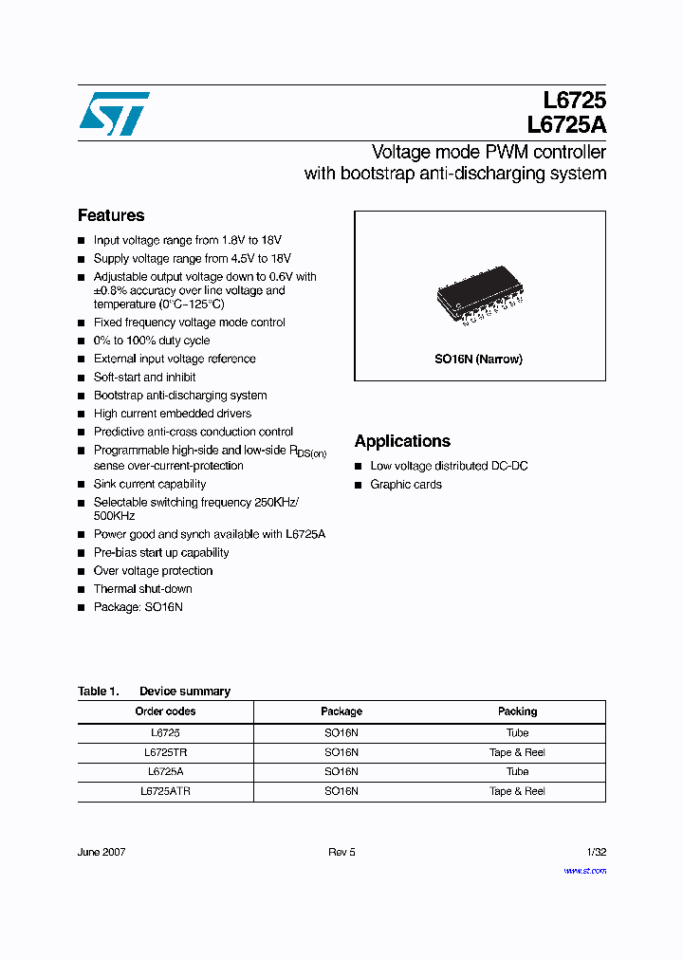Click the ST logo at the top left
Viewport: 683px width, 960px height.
114,114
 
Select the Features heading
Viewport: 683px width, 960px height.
111,215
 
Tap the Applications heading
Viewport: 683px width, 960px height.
402,441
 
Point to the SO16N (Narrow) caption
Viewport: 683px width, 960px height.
479,360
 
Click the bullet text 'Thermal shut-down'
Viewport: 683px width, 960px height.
142,589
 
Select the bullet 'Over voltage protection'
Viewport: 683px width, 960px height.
153,571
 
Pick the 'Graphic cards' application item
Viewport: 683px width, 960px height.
406,485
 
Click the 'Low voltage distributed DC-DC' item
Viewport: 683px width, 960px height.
449,466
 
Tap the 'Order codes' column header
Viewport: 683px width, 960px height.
165,711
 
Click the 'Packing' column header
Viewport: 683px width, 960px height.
517,711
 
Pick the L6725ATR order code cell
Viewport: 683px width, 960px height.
165,791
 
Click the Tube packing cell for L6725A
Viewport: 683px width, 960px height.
517,772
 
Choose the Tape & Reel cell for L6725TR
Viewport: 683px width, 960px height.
517,752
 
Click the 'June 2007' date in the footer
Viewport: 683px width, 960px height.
102,852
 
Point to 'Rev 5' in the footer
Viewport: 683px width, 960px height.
341,852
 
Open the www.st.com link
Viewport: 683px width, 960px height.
584,871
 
